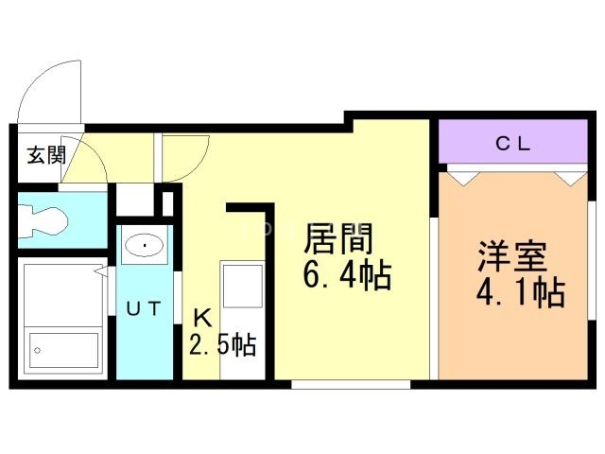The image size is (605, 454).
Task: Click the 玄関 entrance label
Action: (x=46, y=155)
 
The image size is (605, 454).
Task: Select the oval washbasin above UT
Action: (x=145, y=245)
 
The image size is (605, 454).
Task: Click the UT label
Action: (x=144, y=308)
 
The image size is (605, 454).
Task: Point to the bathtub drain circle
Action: (x=38, y=351)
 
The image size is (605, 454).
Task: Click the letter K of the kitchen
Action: (x=202, y=320)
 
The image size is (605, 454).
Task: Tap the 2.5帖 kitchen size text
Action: (x=223, y=344)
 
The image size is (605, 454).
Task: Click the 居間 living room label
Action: (x=338, y=238)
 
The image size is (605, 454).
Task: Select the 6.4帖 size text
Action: (x=347, y=275)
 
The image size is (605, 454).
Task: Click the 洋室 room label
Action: (x=512, y=256)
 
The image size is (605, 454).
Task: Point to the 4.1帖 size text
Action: (x=521, y=293)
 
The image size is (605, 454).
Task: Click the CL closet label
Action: (x=512, y=144)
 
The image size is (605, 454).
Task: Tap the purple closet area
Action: (x=513, y=142)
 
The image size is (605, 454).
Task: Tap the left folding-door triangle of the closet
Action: (x=463, y=179)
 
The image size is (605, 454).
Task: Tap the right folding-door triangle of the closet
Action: (x=571, y=179)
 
